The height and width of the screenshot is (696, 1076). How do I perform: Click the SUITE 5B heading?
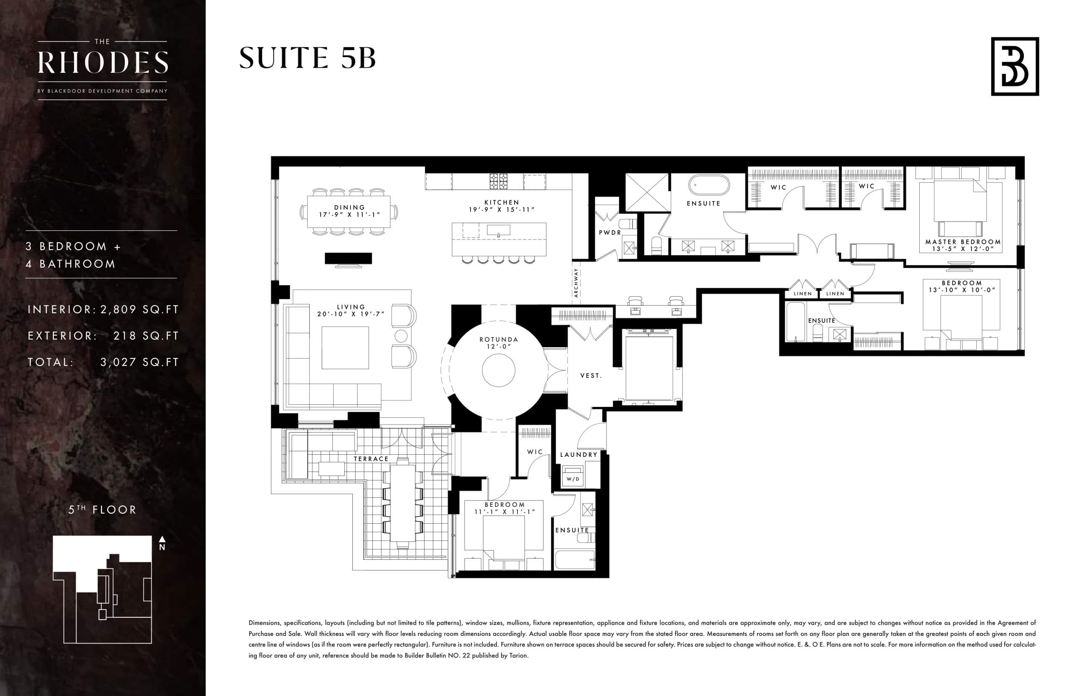pos(307,58)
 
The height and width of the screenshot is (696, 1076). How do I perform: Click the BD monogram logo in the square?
pos(1015,66)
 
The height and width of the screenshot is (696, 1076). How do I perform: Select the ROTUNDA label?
pos(498,340)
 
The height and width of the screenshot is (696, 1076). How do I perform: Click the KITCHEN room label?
pos(501,203)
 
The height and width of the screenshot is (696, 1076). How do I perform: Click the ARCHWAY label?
pos(576,282)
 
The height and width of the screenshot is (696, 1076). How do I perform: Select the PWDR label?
pos(609,232)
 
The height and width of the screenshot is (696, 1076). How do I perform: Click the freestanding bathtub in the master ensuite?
pos(709,186)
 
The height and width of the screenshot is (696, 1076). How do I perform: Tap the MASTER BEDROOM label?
pos(963,242)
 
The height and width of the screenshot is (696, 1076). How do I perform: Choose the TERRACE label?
pos(371,459)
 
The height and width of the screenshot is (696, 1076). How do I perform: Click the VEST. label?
pos(591,376)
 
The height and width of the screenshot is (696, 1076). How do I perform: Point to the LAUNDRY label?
pos(578,455)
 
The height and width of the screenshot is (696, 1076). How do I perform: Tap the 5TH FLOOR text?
pos(102,510)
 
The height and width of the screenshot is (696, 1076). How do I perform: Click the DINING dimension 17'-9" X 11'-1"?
pos(349,215)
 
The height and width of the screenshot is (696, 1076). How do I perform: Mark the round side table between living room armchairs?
pos(401,336)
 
